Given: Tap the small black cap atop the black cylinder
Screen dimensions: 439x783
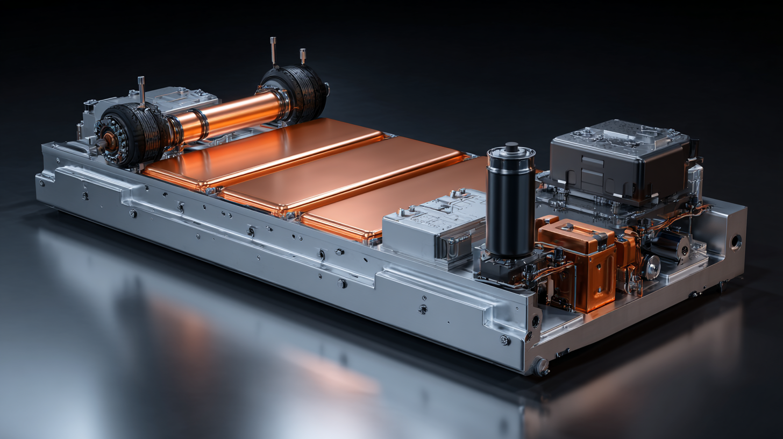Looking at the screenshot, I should [x=511, y=147].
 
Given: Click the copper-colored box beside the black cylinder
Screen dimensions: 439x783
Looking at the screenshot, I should [x=578, y=264].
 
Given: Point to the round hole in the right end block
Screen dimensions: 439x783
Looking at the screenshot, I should [x=735, y=242].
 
